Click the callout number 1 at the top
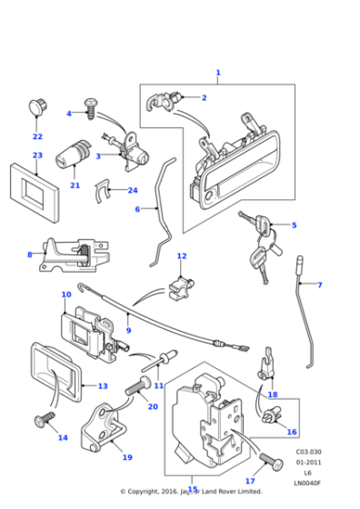[217, 73]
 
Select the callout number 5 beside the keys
[294, 225]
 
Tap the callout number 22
[37, 137]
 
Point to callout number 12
[181, 256]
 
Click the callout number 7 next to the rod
[319, 285]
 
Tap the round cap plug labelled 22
[37, 106]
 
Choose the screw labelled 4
[91, 109]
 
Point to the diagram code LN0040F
[307, 484]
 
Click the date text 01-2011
[307, 463]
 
